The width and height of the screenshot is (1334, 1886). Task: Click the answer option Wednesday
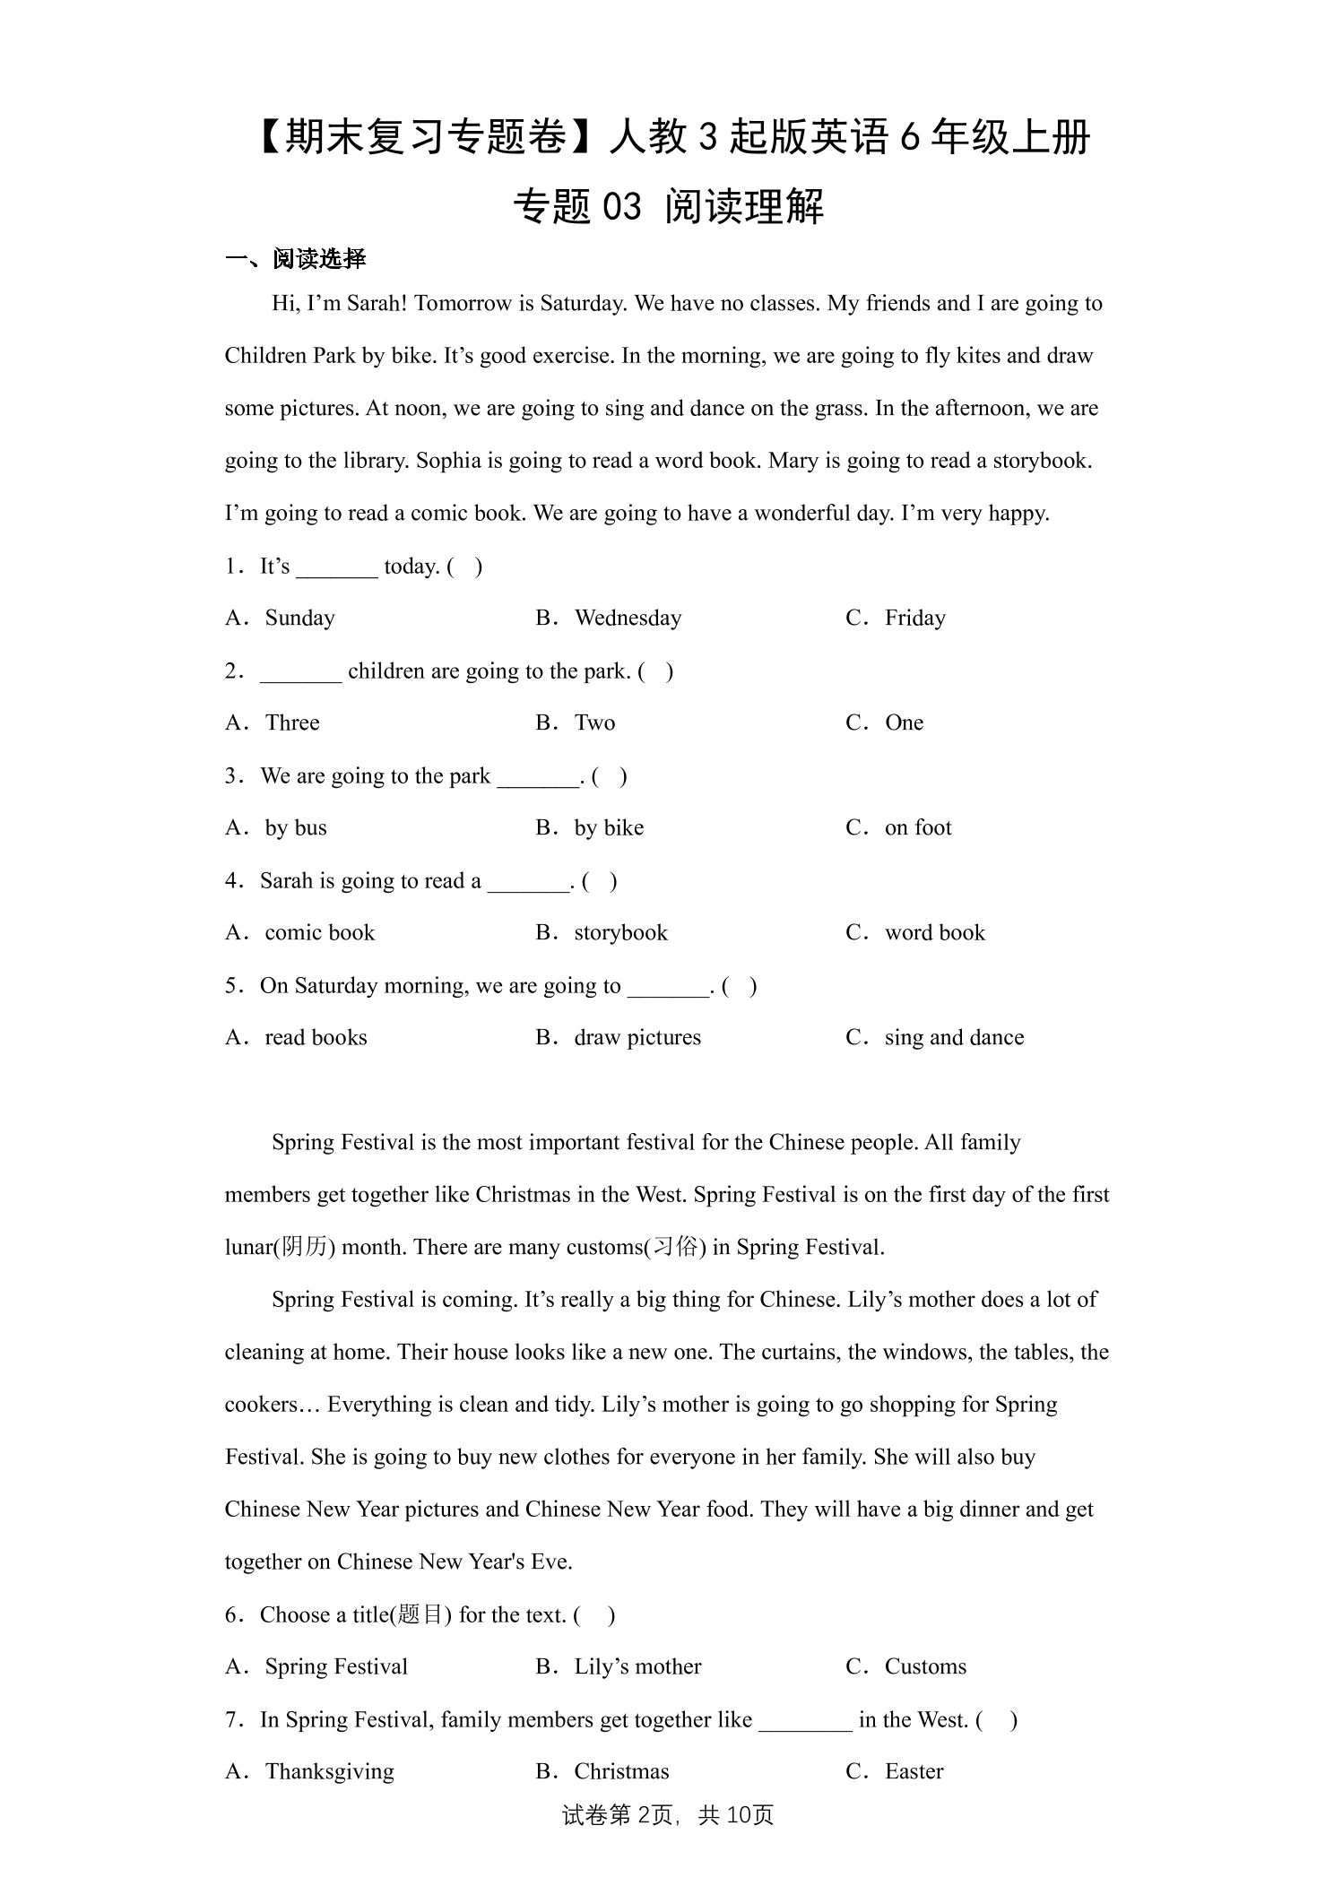coord(628,619)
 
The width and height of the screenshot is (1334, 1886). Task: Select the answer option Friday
coord(914,619)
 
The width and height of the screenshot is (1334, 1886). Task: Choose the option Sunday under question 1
coord(299,619)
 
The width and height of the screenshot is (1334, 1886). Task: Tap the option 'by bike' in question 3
coord(609,828)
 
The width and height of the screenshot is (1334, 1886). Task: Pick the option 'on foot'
coord(917,828)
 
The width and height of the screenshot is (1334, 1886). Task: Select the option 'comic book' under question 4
coord(319,933)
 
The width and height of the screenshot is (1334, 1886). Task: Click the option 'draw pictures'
coord(637,1038)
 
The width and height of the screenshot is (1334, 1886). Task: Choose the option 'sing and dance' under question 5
coord(954,1038)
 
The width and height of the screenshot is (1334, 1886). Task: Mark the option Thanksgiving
coord(329,1772)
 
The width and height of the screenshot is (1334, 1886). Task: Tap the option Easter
coord(914,1772)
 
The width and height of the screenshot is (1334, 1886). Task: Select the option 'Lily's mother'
coord(637,1667)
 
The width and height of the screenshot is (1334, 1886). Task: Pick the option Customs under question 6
coord(925,1667)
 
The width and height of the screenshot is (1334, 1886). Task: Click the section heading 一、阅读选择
coord(296,260)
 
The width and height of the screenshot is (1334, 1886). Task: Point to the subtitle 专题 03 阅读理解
coord(668,207)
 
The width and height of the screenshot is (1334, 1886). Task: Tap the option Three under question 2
coord(292,723)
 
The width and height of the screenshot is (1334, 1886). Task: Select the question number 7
coord(231,1720)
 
